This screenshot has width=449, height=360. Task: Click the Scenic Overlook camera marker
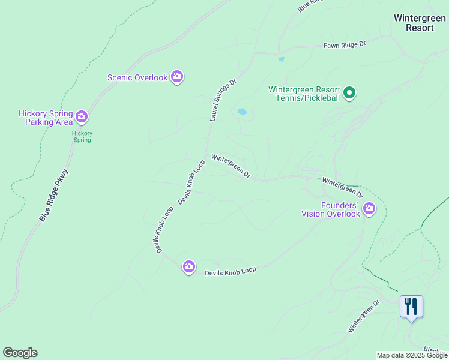(x=177, y=77)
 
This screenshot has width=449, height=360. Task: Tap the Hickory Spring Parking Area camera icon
(x=82, y=116)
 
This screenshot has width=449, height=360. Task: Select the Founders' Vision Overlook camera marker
(x=369, y=209)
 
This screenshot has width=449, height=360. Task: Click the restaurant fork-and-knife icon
(x=411, y=307)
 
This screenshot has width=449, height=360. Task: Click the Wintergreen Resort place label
(x=419, y=23)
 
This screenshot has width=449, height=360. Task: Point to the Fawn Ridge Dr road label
(x=345, y=44)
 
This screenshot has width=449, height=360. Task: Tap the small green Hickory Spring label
(x=82, y=136)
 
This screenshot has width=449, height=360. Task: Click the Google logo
(x=20, y=353)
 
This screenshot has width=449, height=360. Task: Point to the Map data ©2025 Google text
(x=412, y=355)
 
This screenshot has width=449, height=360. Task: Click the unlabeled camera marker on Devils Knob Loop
(x=189, y=267)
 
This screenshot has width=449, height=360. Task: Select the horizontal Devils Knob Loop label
(x=231, y=271)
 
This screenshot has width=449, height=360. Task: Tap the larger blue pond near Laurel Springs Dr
(x=243, y=112)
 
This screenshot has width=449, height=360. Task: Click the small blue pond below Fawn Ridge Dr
(x=281, y=59)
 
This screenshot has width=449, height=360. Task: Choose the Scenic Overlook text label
(x=137, y=77)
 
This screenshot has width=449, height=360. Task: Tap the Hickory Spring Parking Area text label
(x=46, y=118)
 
